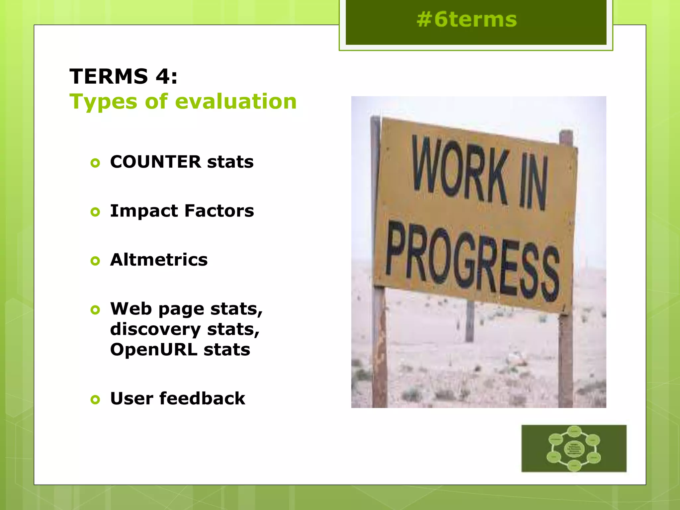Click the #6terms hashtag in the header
pyautogui.click(x=467, y=19)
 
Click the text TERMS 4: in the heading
pyautogui.click(x=124, y=76)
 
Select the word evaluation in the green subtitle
pyautogui.click(x=236, y=101)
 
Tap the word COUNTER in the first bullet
pyautogui.click(x=155, y=162)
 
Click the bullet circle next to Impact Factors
pyautogui.click(x=95, y=212)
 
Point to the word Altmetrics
pyautogui.click(x=159, y=260)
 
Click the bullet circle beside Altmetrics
pyautogui.click(x=95, y=261)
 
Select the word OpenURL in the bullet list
pyautogui.click(x=153, y=350)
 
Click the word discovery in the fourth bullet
pyautogui.click(x=155, y=329)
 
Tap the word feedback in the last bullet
pyautogui.click(x=202, y=398)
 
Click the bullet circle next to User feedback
pyautogui.click(x=95, y=399)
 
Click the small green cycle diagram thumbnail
pyautogui.click(x=574, y=448)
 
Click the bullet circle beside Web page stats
pyautogui.click(x=95, y=310)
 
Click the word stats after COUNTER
pyautogui.click(x=230, y=162)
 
